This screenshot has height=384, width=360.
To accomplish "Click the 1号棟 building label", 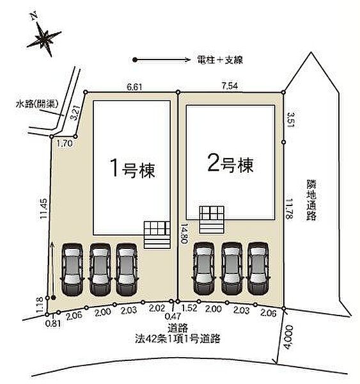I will [x=131, y=170].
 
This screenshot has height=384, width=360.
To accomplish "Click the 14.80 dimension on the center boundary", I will [x=184, y=232].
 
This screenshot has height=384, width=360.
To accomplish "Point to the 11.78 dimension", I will [x=290, y=209].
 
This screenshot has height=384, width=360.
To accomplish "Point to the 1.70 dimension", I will [x=64, y=144].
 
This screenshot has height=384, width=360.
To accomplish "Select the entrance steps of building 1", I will [x=155, y=234].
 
